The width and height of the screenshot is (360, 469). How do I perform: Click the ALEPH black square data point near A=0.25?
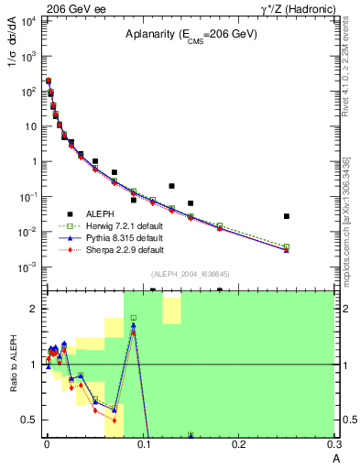[x=287, y=216]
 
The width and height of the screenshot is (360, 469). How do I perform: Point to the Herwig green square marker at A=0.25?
[x=287, y=246]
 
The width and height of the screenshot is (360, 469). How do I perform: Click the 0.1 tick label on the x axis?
[x=142, y=443]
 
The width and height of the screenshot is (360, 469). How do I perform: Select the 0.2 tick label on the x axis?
[x=238, y=443]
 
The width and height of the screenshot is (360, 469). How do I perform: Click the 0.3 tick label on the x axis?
[x=333, y=443]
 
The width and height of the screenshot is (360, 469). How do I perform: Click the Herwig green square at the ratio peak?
[x=133, y=318]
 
